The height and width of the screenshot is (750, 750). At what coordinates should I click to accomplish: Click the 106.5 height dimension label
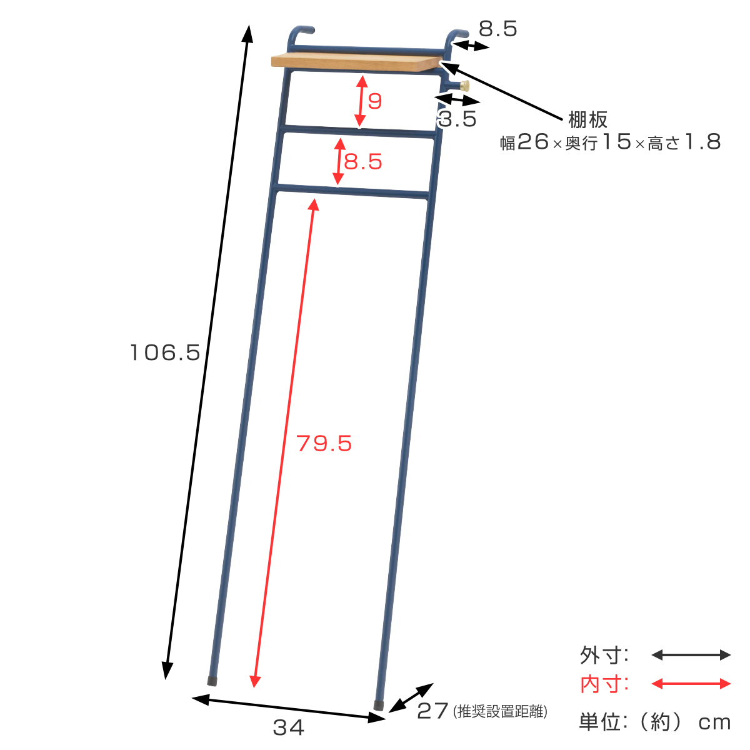(x=164, y=352)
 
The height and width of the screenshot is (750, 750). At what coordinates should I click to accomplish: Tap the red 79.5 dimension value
(x=324, y=443)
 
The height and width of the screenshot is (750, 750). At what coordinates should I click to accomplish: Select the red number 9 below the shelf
(x=375, y=101)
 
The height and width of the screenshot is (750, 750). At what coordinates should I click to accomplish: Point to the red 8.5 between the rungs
(x=363, y=161)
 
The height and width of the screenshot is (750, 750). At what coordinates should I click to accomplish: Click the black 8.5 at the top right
(x=497, y=29)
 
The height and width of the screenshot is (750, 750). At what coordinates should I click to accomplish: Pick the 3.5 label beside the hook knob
(x=457, y=119)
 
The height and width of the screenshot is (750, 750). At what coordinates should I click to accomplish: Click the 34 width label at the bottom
(x=288, y=727)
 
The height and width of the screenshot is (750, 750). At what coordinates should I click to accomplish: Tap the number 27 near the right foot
(x=432, y=711)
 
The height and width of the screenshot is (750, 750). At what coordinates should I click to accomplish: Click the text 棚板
(x=587, y=119)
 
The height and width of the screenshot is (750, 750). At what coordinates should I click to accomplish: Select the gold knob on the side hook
(x=465, y=86)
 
